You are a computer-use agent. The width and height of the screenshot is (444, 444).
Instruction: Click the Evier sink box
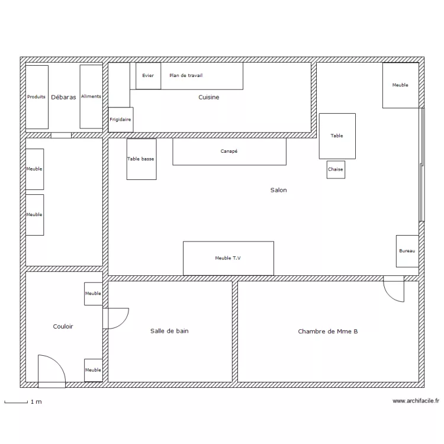(x=148, y=76)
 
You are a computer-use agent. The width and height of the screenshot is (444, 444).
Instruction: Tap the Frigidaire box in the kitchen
(x=121, y=120)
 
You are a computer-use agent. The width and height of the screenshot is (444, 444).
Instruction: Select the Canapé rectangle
(x=229, y=152)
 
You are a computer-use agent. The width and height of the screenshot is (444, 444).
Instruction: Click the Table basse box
(x=141, y=159)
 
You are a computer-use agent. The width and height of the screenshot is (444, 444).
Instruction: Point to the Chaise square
(x=336, y=170)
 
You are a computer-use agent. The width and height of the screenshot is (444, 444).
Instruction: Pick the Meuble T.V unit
(x=229, y=258)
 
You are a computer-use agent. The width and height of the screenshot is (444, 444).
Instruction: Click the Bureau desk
(x=407, y=251)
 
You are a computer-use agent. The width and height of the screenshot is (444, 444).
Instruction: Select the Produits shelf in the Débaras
(x=37, y=97)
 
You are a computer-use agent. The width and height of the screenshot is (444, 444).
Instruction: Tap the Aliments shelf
(x=91, y=96)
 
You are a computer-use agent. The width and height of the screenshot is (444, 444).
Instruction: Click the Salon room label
(x=279, y=190)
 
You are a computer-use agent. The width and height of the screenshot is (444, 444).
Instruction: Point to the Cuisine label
(x=209, y=97)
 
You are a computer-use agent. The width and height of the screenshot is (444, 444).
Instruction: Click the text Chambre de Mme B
(x=327, y=332)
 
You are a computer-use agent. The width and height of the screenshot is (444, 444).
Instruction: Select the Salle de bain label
(x=169, y=331)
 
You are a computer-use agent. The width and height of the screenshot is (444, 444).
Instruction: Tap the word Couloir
(x=63, y=326)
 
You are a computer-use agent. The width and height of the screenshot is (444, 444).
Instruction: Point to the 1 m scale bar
(x=16, y=403)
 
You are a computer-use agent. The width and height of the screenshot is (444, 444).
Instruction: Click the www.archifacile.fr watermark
(x=416, y=401)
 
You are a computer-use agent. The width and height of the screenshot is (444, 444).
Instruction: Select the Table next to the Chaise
(x=337, y=136)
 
